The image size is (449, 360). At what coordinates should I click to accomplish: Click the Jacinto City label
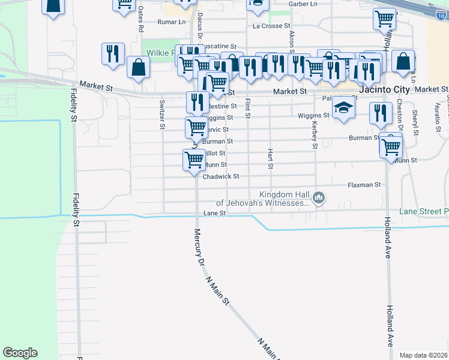point(384,89)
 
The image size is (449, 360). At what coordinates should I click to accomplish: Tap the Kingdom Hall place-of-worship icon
point(319,197)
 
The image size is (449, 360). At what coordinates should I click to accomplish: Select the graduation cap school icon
point(344,107)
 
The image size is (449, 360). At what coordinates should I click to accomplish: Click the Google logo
point(20,353)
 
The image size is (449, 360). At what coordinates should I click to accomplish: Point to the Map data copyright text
point(424,355)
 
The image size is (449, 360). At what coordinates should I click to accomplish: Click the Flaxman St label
point(364,185)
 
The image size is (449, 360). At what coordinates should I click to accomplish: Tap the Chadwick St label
point(221,176)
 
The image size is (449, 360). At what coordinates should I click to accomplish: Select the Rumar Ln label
point(171,22)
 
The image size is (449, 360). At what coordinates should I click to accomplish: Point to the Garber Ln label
point(303,4)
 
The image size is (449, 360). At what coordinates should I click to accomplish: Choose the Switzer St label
point(162,115)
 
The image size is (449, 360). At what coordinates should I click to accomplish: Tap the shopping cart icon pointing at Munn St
point(194,160)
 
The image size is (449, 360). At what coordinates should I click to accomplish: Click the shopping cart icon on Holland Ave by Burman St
point(391,145)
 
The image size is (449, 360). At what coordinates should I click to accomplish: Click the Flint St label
point(247,109)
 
